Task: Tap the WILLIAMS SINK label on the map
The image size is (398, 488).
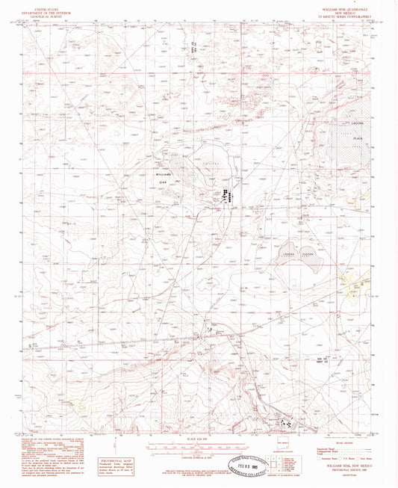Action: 169,176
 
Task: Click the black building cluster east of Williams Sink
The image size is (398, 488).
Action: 223,196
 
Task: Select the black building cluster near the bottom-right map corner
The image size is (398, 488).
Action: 287,423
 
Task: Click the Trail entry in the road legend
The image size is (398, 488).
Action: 317,455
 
